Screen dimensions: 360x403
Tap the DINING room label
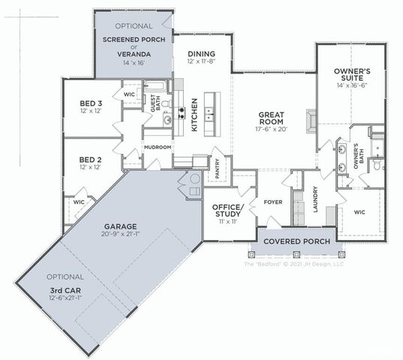pos(201,54)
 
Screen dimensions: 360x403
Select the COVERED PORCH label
pos(293,241)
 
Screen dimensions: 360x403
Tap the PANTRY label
pos(218,169)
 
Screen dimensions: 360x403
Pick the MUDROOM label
pos(158,147)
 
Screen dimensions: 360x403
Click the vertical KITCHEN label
pos(194,115)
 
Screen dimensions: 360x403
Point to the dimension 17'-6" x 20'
pos(270,130)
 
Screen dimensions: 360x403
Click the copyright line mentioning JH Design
pos(294,264)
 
